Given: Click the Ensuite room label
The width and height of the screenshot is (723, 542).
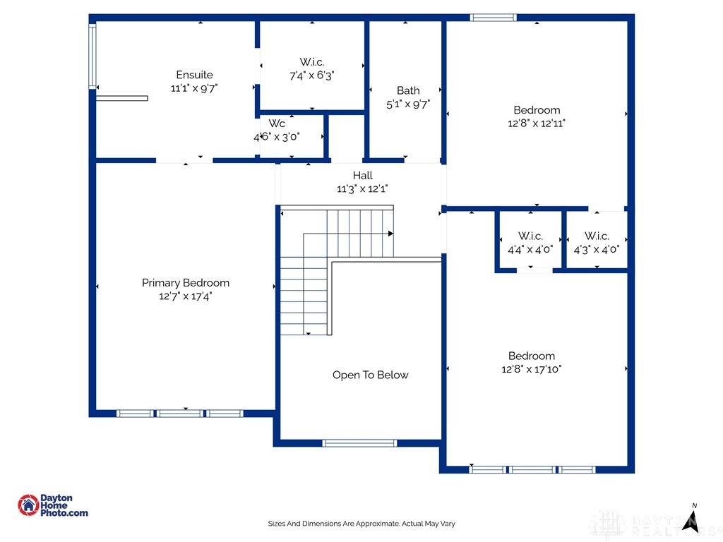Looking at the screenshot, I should pyautogui.click(x=194, y=75).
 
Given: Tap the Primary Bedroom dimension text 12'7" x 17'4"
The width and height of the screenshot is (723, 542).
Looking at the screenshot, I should pyautogui.click(x=186, y=296).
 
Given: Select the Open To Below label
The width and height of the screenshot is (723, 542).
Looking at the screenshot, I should pyautogui.click(x=370, y=375).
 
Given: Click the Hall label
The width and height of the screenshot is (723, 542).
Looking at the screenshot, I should pyautogui.click(x=363, y=175).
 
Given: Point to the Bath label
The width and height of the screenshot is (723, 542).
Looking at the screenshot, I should pyautogui.click(x=408, y=90).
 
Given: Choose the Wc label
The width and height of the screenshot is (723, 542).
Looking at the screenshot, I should pyautogui.click(x=277, y=124).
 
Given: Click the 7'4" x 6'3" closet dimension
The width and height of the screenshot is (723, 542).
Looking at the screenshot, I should pyautogui.click(x=311, y=76).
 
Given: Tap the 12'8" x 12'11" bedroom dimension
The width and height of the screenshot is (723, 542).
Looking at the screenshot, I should pyautogui.click(x=537, y=123).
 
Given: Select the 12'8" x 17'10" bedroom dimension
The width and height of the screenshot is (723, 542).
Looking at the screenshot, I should pyautogui.click(x=532, y=369).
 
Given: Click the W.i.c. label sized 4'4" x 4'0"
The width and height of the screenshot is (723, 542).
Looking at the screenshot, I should pyautogui.click(x=530, y=236).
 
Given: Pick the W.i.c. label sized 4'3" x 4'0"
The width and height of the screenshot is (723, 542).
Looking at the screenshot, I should pyautogui.click(x=597, y=236).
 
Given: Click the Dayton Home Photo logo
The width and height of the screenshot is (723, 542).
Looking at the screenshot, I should pyautogui.click(x=52, y=505).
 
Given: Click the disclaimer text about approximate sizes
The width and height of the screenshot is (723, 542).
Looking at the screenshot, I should pyautogui.click(x=361, y=524).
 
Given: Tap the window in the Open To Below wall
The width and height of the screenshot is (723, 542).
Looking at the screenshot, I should pyautogui.click(x=359, y=443).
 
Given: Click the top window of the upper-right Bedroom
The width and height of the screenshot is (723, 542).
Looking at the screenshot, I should pyautogui.click(x=494, y=18).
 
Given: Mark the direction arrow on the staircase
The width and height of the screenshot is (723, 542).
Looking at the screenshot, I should pyautogui.click(x=390, y=233).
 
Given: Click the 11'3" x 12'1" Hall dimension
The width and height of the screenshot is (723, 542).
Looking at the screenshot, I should pyautogui.click(x=363, y=188).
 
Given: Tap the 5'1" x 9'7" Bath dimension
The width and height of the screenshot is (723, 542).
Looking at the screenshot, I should pyautogui.click(x=408, y=104).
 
